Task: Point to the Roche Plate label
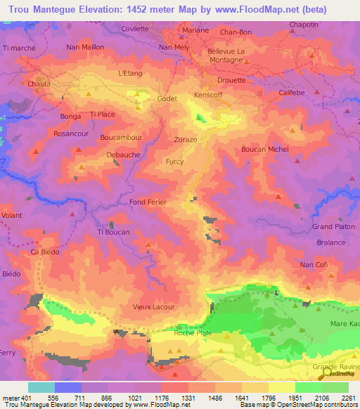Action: click(x=193, y=334)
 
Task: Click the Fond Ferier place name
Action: click(x=147, y=202)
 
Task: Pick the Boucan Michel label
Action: click(x=264, y=149)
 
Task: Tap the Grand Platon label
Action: click(x=332, y=226)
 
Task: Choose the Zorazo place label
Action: click(x=186, y=140)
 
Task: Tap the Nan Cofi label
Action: click(x=314, y=264)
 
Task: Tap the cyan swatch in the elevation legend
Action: click(x=41, y=387)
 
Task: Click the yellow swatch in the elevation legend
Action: click(x=281, y=387)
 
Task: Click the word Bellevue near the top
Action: click(x=221, y=51)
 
